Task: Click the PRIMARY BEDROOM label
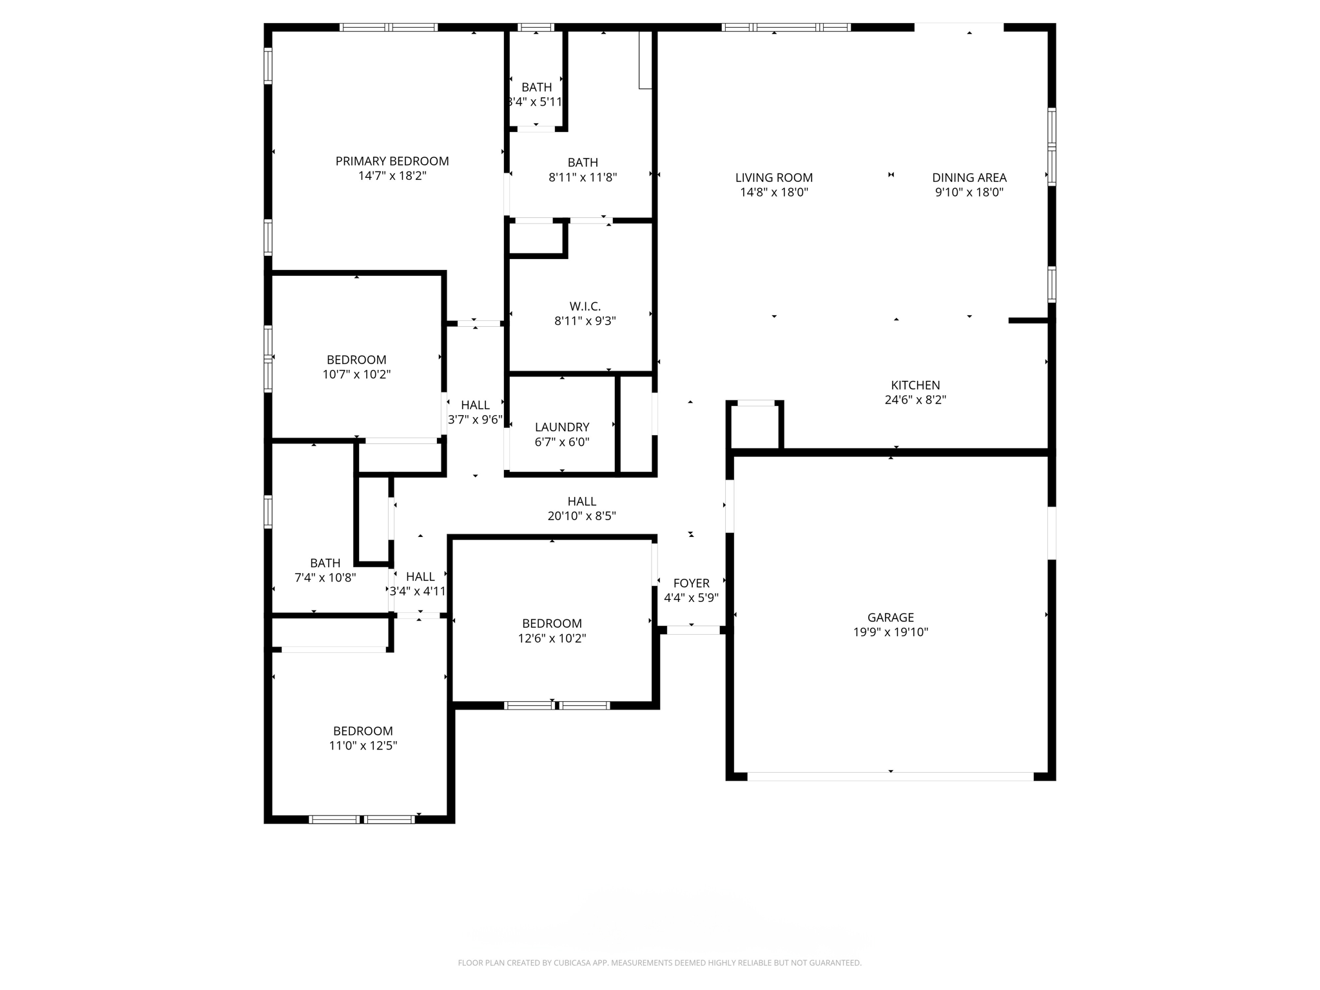[392, 161]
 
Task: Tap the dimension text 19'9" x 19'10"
[890, 632]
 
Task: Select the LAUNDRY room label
[562, 427]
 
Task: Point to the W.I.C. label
[585, 306]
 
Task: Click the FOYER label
[691, 583]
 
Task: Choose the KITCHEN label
[915, 385]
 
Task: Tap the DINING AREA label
[969, 178]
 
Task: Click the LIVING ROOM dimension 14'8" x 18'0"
[773, 192]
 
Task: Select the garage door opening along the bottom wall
[890, 776]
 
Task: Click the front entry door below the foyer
[693, 630]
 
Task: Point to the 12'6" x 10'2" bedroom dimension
[552, 638]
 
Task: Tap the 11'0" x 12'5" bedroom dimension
[363, 746]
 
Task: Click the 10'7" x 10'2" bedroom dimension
[356, 374]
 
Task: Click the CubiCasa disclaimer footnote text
[659, 963]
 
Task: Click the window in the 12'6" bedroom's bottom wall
[556, 705]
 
